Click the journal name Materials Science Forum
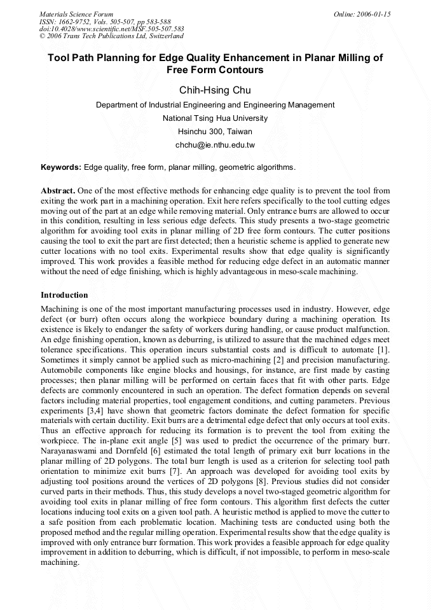(76, 14)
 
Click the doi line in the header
(112, 29)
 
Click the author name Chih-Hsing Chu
(215, 90)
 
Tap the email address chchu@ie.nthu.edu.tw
(215, 145)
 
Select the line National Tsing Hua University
(215, 118)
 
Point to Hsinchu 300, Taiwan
(215, 132)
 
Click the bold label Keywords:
(61, 167)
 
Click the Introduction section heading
(64, 295)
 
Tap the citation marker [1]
(383, 351)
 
